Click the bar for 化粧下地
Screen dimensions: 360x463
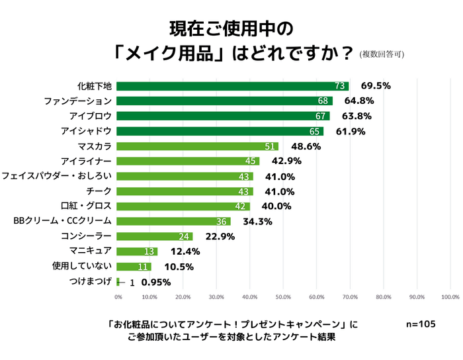coord(233,86)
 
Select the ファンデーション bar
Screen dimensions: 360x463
coord(225,101)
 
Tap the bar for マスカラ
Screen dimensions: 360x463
coord(198,146)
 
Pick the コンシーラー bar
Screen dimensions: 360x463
coord(155,237)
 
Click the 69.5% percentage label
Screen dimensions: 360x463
coord(376,86)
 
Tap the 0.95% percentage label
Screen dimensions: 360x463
coord(156,282)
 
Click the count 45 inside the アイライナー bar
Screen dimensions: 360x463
coord(251,161)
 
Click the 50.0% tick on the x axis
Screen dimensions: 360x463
coord(283,297)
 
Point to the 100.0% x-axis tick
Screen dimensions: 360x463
coord(450,297)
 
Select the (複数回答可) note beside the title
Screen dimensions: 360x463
coord(382,55)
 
